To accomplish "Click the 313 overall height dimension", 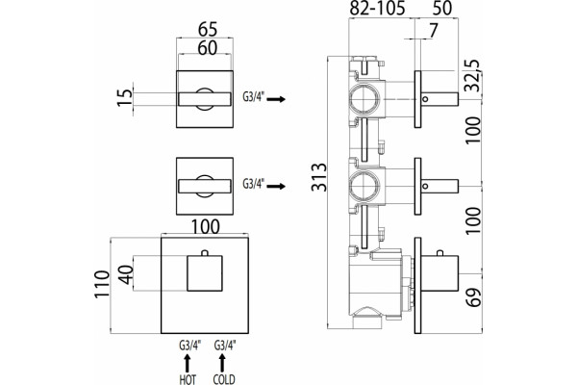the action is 318,177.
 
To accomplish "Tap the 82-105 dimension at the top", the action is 377,8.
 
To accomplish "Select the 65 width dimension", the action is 208,30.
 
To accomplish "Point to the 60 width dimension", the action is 208,48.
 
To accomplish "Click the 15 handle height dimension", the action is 124,97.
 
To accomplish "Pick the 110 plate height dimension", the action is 102,285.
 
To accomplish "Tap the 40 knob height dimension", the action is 126,275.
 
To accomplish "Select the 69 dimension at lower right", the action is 473,297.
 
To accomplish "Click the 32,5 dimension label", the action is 472,75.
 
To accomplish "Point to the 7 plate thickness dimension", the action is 434,30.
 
